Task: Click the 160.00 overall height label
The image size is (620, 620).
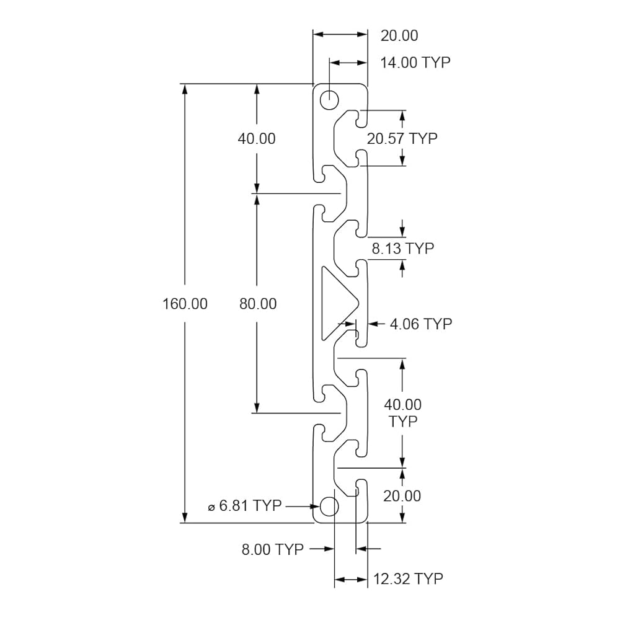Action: tap(185, 304)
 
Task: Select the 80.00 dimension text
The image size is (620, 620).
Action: tap(258, 304)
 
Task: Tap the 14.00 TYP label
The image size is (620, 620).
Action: tap(415, 63)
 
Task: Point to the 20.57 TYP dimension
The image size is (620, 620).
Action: tap(402, 138)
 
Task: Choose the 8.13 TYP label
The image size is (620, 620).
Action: tap(403, 249)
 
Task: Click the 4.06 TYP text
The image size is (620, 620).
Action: tap(421, 324)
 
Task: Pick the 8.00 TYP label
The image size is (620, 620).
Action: tap(272, 549)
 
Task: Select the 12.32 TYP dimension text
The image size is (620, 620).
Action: tap(408, 579)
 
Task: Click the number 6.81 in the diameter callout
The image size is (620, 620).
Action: tap(234, 505)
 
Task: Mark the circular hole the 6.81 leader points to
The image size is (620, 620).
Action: tap(329, 507)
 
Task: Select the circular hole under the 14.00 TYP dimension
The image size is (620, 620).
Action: tap(329, 100)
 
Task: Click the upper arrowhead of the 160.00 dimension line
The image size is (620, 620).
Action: tap(185, 89)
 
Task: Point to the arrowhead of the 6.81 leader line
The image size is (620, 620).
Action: tap(314, 506)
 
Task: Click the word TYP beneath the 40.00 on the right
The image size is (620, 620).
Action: tap(403, 422)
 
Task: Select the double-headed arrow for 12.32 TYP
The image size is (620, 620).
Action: tap(351, 580)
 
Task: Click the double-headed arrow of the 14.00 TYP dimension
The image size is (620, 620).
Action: tap(348, 63)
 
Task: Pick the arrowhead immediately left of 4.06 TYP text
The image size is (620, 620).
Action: tap(374, 324)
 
